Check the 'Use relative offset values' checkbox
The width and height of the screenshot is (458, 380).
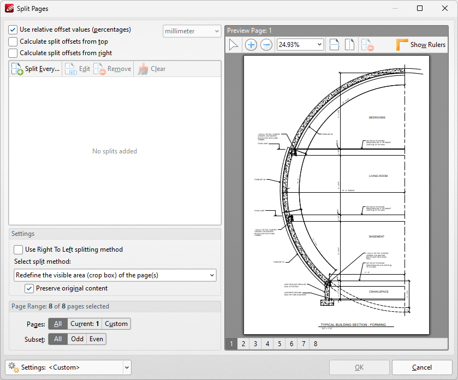[x=13, y=30]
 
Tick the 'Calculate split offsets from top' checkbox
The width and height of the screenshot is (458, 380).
[x=13, y=41]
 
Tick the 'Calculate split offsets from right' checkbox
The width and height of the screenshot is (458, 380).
[x=13, y=53]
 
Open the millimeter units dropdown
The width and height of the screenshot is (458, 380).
[x=192, y=31]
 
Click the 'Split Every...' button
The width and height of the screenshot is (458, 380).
[x=35, y=69]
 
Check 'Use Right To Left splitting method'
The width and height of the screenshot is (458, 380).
[x=19, y=250]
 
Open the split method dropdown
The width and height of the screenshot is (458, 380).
[x=115, y=275]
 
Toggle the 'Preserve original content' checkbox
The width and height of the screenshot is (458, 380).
[x=29, y=288]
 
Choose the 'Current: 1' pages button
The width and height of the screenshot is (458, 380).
[x=85, y=324]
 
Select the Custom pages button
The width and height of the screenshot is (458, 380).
[x=116, y=324]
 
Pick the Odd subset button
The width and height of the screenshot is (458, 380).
[x=78, y=339]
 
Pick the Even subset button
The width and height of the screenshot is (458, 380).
[x=96, y=339]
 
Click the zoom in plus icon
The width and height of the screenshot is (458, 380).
[x=251, y=45]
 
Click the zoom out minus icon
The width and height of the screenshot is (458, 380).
[x=266, y=45]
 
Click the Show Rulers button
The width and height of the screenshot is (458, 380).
[x=421, y=45]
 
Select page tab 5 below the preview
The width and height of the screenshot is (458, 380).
[x=279, y=344]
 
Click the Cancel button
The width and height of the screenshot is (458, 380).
[x=421, y=367]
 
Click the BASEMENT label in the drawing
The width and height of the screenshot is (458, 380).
[x=377, y=236]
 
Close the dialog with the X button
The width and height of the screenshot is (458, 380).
[x=444, y=8]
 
